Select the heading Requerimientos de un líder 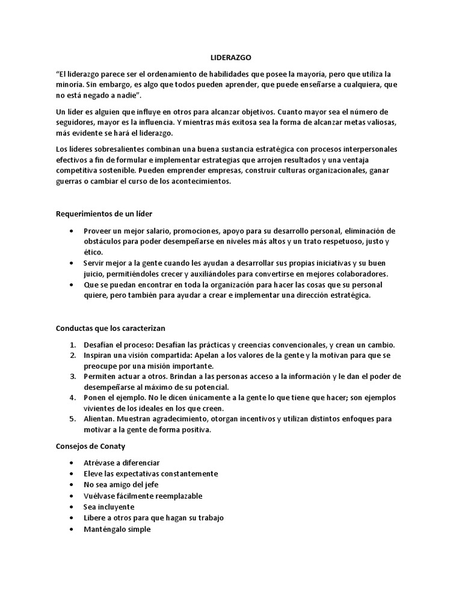(x=108, y=214)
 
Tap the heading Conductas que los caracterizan (x=110, y=328)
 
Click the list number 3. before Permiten (x=72, y=376)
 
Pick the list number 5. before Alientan (x=72, y=419)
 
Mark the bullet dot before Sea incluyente (x=72, y=507)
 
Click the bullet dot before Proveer (x=72, y=231)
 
